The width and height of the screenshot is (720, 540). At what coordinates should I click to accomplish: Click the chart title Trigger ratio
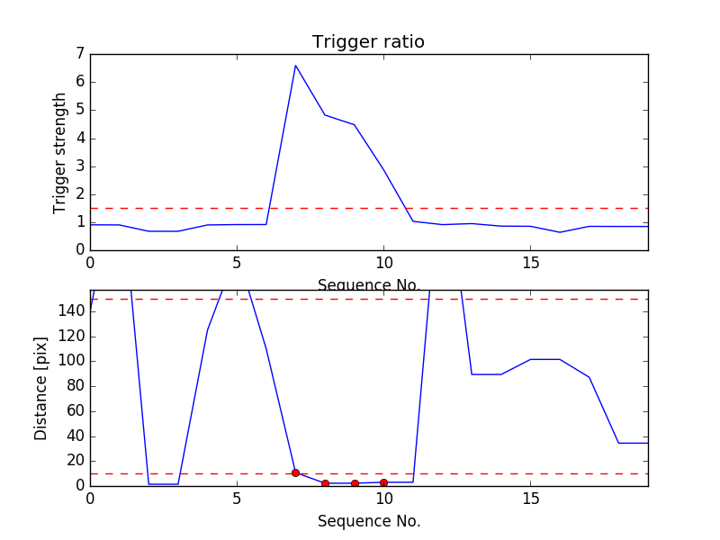[x=368, y=41]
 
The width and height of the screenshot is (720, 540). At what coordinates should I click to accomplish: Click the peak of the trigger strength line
[x=296, y=66]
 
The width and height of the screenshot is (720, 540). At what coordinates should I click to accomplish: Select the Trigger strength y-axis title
[x=59, y=153]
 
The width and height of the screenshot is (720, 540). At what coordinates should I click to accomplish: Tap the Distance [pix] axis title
[x=40, y=389]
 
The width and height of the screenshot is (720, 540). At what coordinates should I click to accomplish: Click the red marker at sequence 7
[x=296, y=473]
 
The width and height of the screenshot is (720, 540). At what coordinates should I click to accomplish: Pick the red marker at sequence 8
[x=325, y=483]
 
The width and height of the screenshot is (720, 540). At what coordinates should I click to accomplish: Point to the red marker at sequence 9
[x=355, y=483]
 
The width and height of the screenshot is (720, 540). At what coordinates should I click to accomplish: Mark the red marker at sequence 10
[x=384, y=482]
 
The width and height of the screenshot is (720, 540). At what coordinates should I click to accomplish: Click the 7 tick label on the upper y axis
[x=81, y=54]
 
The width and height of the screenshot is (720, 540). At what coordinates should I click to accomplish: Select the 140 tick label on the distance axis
[x=72, y=311]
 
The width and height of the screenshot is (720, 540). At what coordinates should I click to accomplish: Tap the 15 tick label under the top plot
[x=530, y=263]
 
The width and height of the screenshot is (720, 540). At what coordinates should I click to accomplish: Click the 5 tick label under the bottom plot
[x=237, y=499]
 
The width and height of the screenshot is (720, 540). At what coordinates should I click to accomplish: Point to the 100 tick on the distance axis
[x=72, y=361]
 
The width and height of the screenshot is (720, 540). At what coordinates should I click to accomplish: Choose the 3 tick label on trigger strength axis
[x=81, y=166]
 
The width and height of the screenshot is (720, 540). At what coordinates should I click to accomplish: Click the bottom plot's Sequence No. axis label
[x=369, y=521]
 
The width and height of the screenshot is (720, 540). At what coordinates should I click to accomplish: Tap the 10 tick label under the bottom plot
[x=384, y=499]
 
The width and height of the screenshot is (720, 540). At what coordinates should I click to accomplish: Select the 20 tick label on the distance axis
[x=76, y=461]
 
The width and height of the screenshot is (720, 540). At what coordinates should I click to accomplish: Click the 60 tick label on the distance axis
[x=76, y=410]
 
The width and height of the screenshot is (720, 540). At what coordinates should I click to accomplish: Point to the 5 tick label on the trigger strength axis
[x=81, y=110]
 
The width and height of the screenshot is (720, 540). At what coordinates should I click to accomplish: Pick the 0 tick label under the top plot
[x=91, y=263]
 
